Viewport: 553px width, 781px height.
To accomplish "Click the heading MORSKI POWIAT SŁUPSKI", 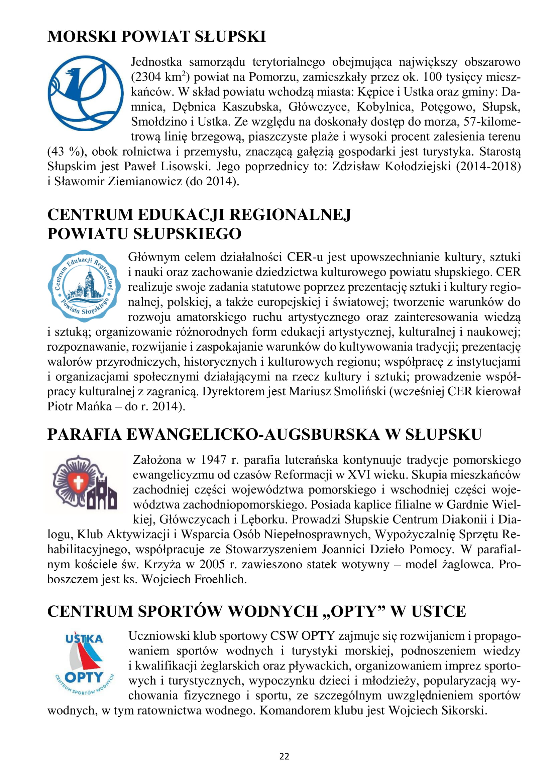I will [x=156, y=37].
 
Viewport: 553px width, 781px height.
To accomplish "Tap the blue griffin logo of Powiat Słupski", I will [x=85, y=93].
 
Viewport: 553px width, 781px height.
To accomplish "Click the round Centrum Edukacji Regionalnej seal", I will [x=84, y=286].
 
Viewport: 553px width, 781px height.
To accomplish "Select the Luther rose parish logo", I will [x=85, y=482].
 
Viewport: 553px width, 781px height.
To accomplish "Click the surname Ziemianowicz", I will [x=145, y=181].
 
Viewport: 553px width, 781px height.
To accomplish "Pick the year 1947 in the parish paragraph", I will [x=214, y=460].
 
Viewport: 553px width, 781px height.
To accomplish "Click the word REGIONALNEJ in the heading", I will [x=290, y=215].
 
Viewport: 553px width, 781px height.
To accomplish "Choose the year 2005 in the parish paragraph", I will [x=212, y=564].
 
